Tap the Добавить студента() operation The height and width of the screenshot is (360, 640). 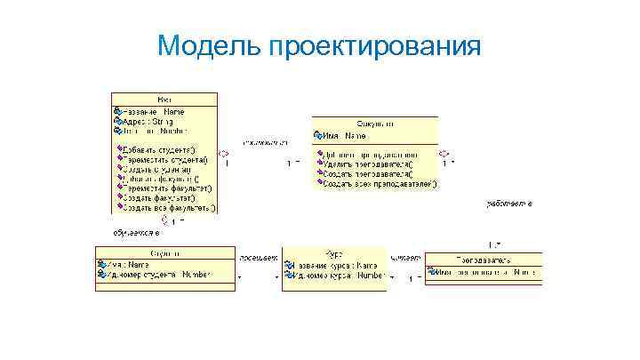click(160, 150)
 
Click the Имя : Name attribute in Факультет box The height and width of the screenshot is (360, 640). click(343, 135)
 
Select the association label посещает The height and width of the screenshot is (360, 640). click(258, 257)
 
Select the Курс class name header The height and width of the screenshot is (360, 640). click(332, 253)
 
